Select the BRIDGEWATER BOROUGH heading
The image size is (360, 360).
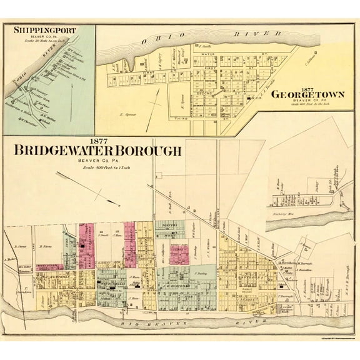(94, 151)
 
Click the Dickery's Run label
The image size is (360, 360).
(287, 214)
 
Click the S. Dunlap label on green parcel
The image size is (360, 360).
(201, 273)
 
